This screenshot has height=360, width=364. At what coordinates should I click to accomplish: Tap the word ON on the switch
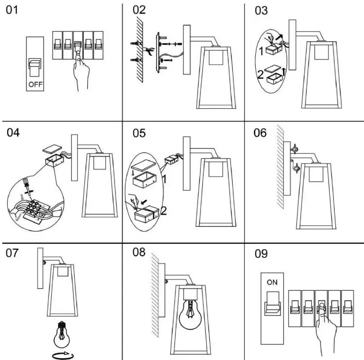tap(272, 283)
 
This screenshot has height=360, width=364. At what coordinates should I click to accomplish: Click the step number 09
tap(261, 254)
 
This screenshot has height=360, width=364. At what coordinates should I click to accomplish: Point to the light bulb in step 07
tap(62, 333)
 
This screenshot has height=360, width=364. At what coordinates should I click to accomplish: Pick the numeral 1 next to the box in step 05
tap(165, 180)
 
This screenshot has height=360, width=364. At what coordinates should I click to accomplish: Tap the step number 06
tap(260, 133)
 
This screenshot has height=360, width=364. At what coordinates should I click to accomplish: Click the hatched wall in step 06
tap(280, 166)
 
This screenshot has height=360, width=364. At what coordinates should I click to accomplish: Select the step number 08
tap(139, 253)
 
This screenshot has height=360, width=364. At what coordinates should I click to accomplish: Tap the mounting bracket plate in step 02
tap(157, 52)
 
